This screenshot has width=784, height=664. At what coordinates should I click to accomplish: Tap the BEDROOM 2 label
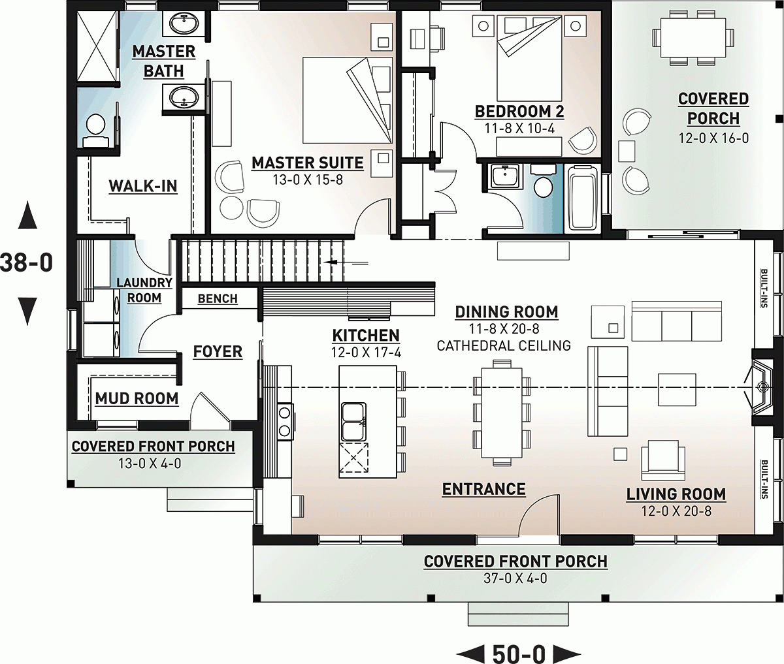[x=519, y=112]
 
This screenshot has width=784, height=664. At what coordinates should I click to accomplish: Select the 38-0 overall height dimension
[x=26, y=262]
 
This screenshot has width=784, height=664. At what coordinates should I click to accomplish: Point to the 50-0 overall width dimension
[x=519, y=652]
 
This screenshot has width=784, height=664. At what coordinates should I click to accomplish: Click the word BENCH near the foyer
[x=218, y=298]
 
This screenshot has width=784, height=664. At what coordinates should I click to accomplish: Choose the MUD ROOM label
[x=137, y=398]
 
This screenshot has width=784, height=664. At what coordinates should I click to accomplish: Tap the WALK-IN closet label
[x=142, y=186]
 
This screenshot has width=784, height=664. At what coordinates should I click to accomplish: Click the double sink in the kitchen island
[x=353, y=421]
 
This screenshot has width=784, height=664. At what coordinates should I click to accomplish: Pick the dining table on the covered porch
[x=693, y=37]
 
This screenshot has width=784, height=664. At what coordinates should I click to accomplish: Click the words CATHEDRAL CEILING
[x=503, y=345]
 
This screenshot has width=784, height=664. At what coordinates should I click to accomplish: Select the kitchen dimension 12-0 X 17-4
[x=366, y=353]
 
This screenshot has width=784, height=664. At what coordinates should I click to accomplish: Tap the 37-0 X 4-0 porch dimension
[x=515, y=578]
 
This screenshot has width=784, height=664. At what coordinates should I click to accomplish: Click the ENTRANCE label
[x=483, y=489]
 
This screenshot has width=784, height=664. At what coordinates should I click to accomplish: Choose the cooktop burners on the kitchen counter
[x=285, y=420]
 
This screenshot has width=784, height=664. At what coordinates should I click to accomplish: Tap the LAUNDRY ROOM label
[x=144, y=291]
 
